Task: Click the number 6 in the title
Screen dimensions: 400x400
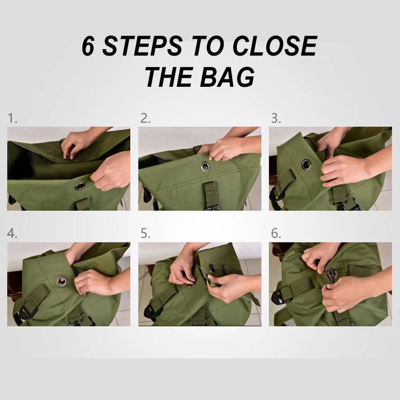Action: (x=89, y=46)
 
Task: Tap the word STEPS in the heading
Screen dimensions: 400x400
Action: (x=140, y=46)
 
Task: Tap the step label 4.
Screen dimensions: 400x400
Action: (x=12, y=234)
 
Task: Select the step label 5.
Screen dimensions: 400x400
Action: (x=145, y=234)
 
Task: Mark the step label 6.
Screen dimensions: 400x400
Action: (x=276, y=234)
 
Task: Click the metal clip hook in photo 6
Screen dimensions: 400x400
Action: (x=330, y=274)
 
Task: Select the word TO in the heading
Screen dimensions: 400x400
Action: (x=208, y=46)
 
